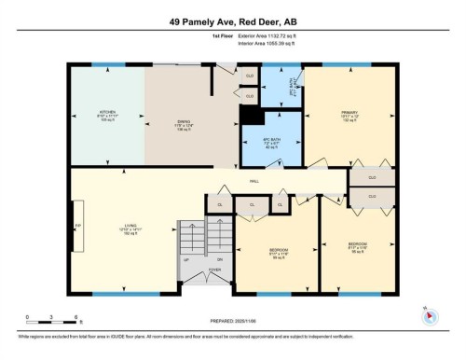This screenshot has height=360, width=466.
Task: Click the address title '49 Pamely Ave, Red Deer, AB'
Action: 232,21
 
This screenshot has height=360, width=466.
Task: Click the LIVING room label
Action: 133,228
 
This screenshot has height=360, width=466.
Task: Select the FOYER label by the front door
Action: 214,269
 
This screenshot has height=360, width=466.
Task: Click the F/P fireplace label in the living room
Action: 78,224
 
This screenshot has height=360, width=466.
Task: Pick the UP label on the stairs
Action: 186,259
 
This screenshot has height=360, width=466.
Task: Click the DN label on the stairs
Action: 220,259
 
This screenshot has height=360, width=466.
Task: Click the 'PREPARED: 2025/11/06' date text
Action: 232,320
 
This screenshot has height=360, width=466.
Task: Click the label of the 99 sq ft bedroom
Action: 279,253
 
